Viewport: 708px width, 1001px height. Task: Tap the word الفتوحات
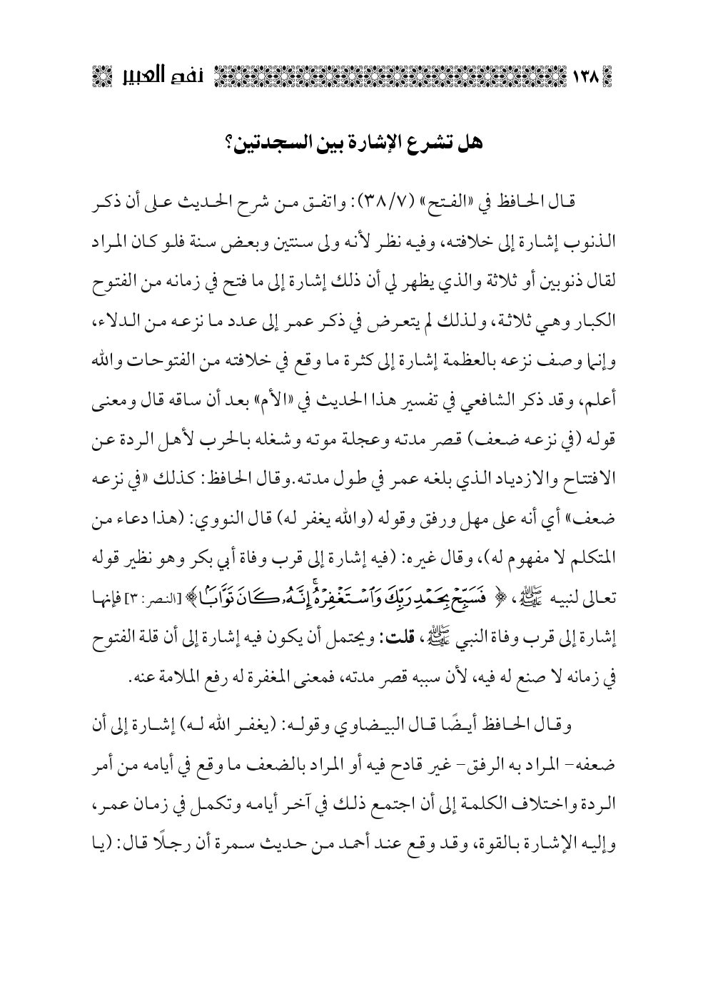158,347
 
